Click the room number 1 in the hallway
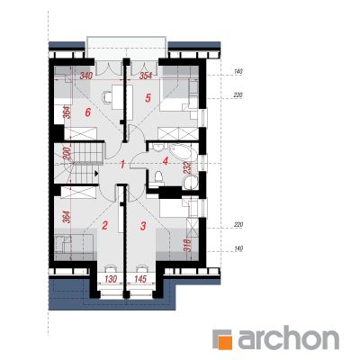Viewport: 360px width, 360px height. click(x=121, y=164)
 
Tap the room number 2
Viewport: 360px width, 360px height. click(x=104, y=225)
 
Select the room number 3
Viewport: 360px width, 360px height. click(x=143, y=226)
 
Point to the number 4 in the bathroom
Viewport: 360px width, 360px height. click(x=165, y=161)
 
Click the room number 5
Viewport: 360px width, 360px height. click(x=148, y=98)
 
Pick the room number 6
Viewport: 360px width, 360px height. click(x=87, y=112)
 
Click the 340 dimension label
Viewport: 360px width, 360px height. click(x=85, y=76)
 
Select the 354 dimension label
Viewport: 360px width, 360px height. click(x=146, y=76)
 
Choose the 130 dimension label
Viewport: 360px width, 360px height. click(x=111, y=279)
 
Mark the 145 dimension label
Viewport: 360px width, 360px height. click(x=140, y=279)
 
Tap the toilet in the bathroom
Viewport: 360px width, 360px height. click(x=157, y=177)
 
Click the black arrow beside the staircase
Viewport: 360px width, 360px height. click(x=96, y=173)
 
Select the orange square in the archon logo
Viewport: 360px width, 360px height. click(x=224, y=340)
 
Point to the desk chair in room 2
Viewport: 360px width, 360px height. click(x=111, y=267)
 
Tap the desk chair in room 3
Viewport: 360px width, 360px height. click(x=141, y=267)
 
